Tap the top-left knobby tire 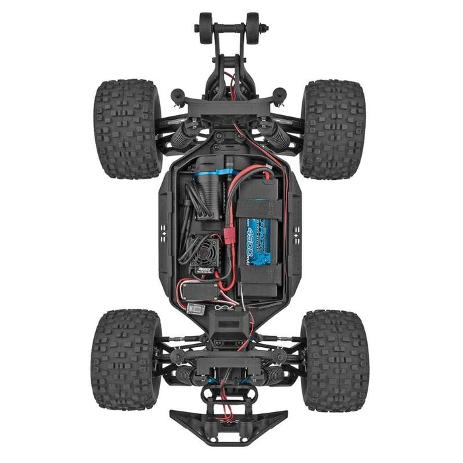point(127,129)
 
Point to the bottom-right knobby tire point(335,360)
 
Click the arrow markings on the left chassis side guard point(165,231)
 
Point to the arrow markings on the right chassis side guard point(296,231)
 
